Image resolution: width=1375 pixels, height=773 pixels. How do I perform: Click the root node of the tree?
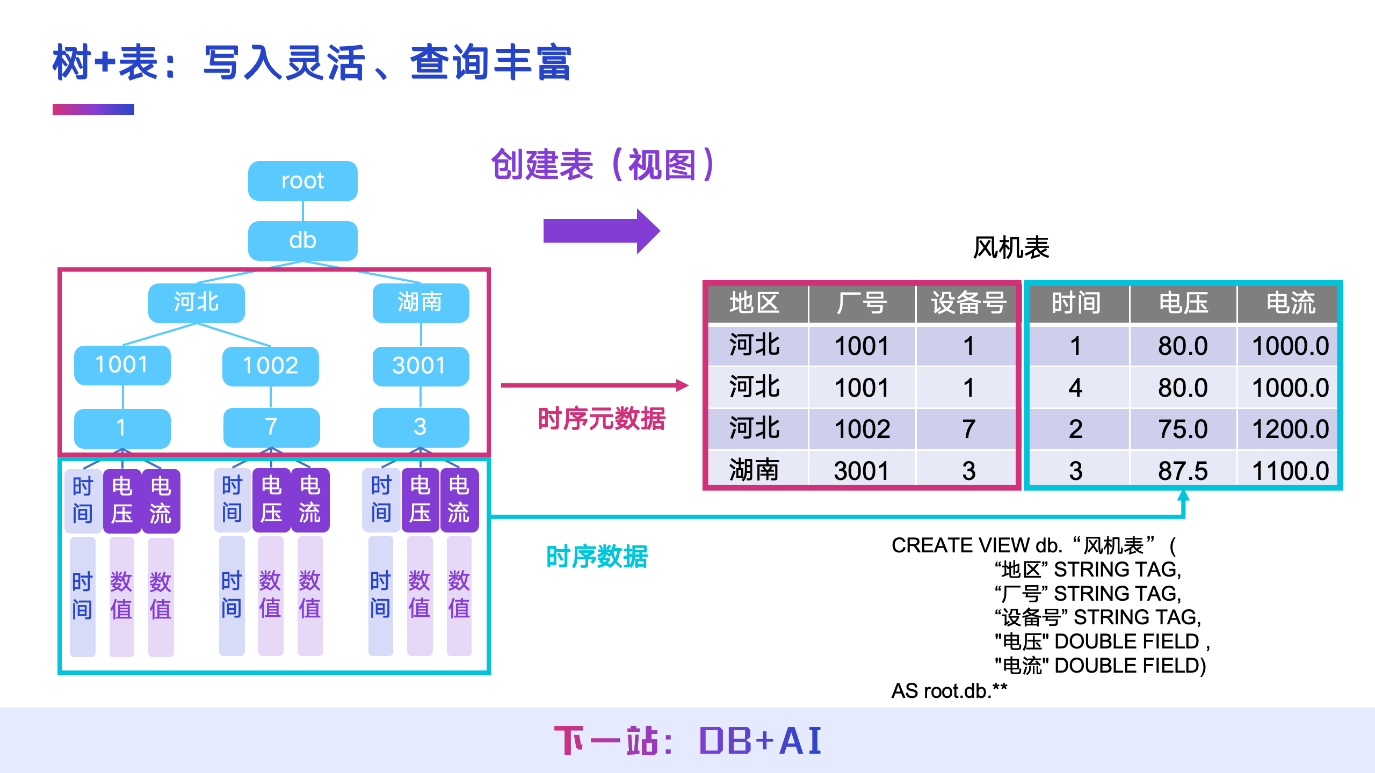(302, 181)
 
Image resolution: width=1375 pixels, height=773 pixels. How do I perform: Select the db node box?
(302, 240)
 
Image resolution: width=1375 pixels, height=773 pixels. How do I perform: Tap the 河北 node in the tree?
(196, 303)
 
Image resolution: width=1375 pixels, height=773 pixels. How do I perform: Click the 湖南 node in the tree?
(420, 303)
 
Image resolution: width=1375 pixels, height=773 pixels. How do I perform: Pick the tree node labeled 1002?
(270, 366)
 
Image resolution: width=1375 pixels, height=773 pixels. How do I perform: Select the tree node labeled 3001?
(420, 366)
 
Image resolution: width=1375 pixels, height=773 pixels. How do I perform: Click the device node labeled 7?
(271, 427)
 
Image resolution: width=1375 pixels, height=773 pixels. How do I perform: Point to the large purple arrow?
(600, 231)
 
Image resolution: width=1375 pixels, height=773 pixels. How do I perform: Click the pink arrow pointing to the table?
(594, 385)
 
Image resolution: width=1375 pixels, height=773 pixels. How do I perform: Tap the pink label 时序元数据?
(602, 419)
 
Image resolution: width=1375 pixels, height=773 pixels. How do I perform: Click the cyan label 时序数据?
(597, 557)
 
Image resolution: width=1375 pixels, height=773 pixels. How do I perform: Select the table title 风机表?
(1011, 248)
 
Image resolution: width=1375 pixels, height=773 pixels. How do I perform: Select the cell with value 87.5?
(1183, 471)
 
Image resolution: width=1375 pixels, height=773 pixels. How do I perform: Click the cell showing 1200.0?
(1290, 429)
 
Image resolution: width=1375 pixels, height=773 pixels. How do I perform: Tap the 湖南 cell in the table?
(754, 471)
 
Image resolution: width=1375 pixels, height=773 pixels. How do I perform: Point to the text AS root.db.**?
(949, 691)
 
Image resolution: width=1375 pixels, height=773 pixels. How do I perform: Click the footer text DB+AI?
(760, 741)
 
